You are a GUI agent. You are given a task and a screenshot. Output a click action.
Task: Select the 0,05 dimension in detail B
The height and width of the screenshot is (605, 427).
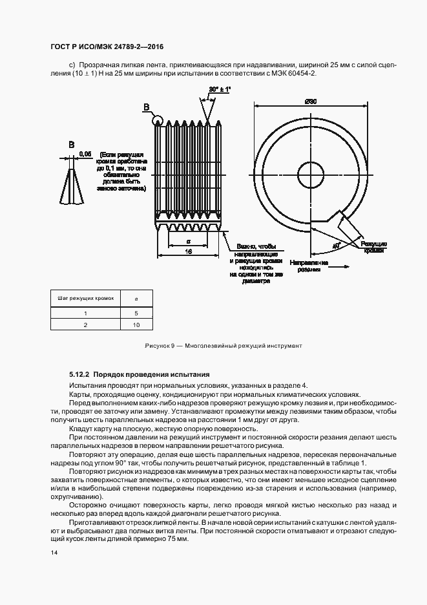[85, 154]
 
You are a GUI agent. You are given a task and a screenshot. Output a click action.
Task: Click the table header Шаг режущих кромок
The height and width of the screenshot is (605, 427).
[86, 299]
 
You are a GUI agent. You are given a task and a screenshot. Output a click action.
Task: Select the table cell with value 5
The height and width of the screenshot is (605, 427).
[136, 313]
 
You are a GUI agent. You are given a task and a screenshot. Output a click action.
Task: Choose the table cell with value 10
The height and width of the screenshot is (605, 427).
[136, 325]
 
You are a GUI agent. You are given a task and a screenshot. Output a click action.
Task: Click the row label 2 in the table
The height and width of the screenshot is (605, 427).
[85, 325]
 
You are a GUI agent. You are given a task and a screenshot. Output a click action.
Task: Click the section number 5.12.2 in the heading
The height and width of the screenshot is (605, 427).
[79, 374]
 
